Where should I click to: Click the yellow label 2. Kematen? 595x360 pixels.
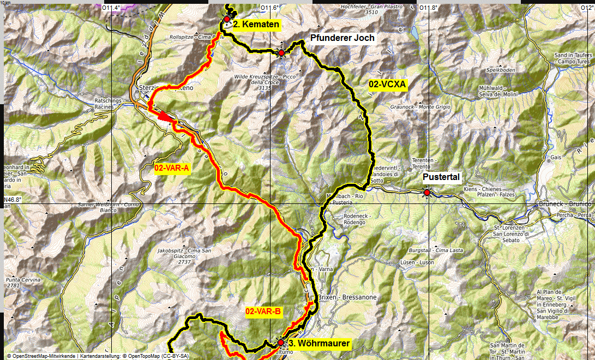(256, 25)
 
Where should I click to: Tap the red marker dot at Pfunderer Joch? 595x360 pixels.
(281, 53)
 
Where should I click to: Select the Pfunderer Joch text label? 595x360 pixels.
(342, 38)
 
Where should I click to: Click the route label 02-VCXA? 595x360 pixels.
(387, 84)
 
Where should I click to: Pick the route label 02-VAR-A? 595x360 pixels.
(172, 169)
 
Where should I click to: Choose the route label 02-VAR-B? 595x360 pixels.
(263, 311)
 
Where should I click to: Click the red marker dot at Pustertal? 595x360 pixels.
(426, 192)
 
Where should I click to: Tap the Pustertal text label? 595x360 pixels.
(442, 177)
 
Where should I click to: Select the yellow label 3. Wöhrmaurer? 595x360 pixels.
(318, 344)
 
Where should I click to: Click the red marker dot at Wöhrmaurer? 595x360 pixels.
(281, 343)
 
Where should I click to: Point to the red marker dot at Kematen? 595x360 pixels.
(227, 19)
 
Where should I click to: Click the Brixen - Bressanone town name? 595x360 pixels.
(347, 298)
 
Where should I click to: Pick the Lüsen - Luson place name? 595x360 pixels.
(419, 263)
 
